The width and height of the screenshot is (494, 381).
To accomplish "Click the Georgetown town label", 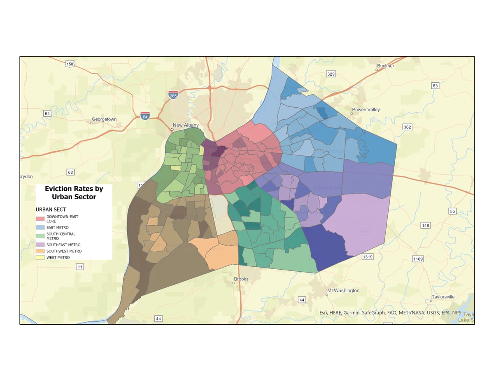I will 104,119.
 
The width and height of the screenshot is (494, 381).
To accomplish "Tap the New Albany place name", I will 186,125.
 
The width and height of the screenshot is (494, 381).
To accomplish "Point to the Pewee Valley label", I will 366,110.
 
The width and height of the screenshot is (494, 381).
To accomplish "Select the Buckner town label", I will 385,66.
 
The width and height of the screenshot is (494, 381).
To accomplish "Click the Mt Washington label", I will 343,291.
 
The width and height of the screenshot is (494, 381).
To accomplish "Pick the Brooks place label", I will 241,279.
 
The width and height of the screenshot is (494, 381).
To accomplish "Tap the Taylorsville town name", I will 443,297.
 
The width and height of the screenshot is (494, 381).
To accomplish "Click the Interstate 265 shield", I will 173,95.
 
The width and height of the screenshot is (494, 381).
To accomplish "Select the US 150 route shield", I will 70,64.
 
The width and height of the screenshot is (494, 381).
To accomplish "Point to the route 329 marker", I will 331,74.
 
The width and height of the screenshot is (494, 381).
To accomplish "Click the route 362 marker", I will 407,127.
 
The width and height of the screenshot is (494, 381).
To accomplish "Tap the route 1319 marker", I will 368,257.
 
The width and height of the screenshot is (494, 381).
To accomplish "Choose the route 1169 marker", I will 418,259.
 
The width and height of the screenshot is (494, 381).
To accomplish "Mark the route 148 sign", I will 425,225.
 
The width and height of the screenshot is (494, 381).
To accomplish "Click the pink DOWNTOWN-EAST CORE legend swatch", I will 40,219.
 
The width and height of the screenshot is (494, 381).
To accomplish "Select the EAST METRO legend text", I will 57,227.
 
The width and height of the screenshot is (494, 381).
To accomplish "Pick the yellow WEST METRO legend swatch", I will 40,258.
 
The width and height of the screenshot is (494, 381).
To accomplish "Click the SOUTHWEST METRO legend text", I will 64,251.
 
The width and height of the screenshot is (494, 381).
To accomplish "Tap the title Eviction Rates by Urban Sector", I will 74,192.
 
